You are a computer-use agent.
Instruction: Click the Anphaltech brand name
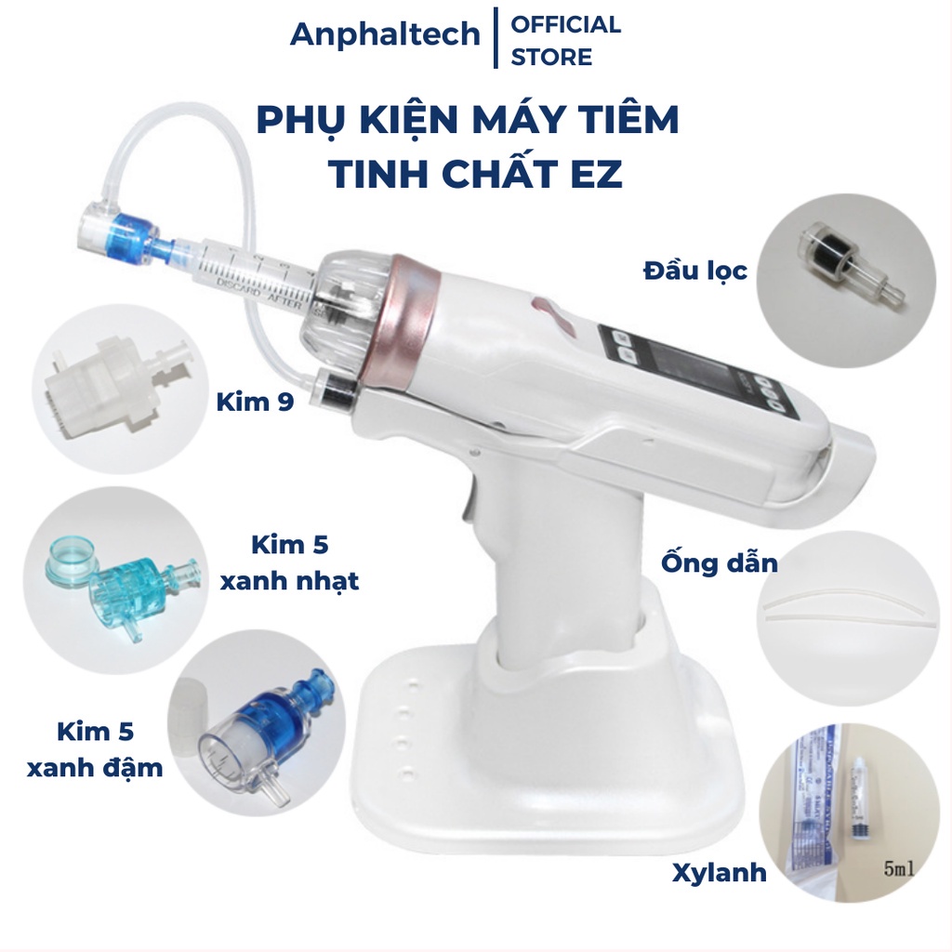point(385,34)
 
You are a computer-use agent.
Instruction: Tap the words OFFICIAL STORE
point(565,40)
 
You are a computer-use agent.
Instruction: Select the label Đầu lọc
point(694,272)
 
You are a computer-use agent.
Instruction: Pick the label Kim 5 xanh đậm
point(110,749)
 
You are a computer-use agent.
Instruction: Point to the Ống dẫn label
point(719,563)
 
